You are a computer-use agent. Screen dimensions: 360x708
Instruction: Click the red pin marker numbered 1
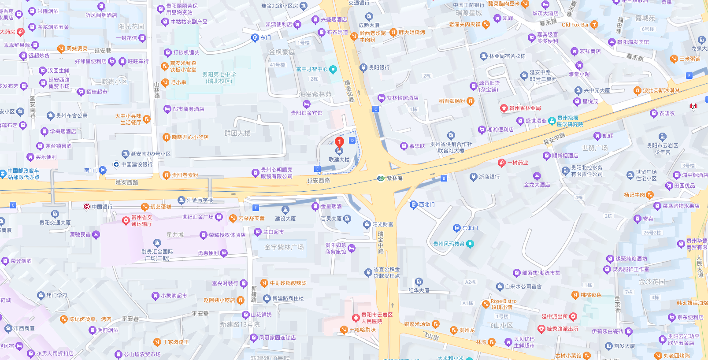coord(339,142)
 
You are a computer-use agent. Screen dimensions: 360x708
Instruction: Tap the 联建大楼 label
coord(339,160)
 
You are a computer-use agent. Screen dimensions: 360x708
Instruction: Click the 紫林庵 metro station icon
coord(381,178)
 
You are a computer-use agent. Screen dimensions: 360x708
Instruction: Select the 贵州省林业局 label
coord(525,108)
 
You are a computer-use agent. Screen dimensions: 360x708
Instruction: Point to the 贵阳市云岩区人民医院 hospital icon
coord(356,318)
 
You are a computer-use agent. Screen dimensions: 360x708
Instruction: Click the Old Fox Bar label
coord(575,25)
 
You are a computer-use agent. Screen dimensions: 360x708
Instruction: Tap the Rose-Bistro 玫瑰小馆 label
coord(504,304)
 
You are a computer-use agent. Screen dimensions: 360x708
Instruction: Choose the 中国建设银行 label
coord(137,164)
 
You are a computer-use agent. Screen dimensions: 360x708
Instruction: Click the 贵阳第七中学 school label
coord(219,78)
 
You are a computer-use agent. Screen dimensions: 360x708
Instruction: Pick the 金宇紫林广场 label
coord(284,247)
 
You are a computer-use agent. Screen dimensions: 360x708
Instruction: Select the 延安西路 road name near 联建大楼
coord(319,180)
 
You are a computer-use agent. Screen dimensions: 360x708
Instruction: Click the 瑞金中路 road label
coord(381,242)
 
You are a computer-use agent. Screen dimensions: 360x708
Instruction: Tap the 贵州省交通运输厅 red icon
coord(126,220)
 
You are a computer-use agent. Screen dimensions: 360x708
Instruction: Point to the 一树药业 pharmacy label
coord(517,163)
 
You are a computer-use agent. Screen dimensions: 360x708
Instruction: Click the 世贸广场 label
coord(594,148)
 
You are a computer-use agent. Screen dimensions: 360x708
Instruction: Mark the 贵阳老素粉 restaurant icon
coord(166,175)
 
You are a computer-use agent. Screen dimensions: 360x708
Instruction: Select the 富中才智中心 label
coord(312,69)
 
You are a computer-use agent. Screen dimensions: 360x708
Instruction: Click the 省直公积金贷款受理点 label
coord(386,272)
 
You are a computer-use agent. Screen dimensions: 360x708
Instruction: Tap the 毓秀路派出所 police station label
coord(562,329)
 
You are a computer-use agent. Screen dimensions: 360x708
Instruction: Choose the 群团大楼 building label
coord(237,133)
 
